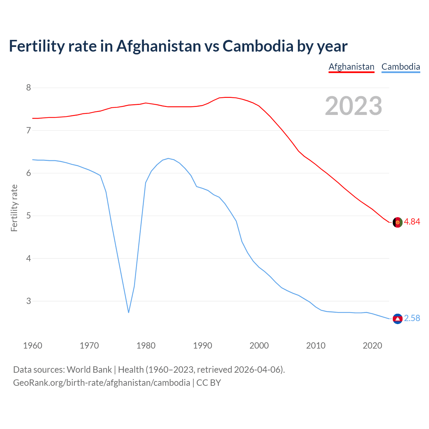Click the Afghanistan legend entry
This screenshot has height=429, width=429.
click(x=351, y=67)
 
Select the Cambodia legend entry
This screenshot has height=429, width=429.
click(x=401, y=67)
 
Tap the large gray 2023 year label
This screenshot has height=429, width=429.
click(x=354, y=106)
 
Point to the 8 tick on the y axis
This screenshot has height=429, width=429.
click(x=28, y=88)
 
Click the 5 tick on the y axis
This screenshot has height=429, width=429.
click(x=28, y=216)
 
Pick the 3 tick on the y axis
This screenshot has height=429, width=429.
click(x=28, y=301)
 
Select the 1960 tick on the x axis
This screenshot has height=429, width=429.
click(x=33, y=346)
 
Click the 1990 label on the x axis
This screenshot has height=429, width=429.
click(x=202, y=346)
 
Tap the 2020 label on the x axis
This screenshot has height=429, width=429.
click(x=372, y=346)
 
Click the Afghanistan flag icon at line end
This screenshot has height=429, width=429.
click(x=397, y=222)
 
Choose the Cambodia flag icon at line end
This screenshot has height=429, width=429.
click(x=397, y=319)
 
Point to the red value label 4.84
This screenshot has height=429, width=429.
click(x=412, y=222)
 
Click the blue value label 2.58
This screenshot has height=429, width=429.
click(x=412, y=318)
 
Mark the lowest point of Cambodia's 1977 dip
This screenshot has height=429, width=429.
click(x=128, y=312)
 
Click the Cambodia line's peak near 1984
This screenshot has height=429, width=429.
click(x=168, y=158)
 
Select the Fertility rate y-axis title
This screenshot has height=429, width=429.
click(x=14, y=208)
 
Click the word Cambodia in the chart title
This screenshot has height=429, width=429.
click(x=258, y=46)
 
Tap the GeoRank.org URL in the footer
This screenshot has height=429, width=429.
click(x=101, y=383)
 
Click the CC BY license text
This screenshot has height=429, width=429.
click(x=208, y=383)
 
